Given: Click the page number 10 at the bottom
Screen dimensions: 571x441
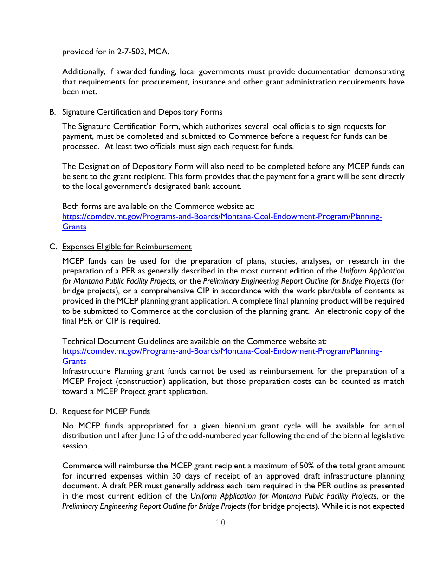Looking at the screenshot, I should (x=220, y=523).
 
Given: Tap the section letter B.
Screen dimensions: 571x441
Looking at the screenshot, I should (x=52, y=112).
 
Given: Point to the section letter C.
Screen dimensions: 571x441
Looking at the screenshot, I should (x=52, y=247).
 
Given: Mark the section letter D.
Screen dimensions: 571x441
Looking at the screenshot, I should (x=52, y=411).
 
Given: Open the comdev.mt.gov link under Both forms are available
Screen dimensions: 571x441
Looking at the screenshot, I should (x=222, y=217).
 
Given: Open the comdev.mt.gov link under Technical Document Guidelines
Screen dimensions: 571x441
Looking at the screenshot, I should (x=222, y=351).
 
